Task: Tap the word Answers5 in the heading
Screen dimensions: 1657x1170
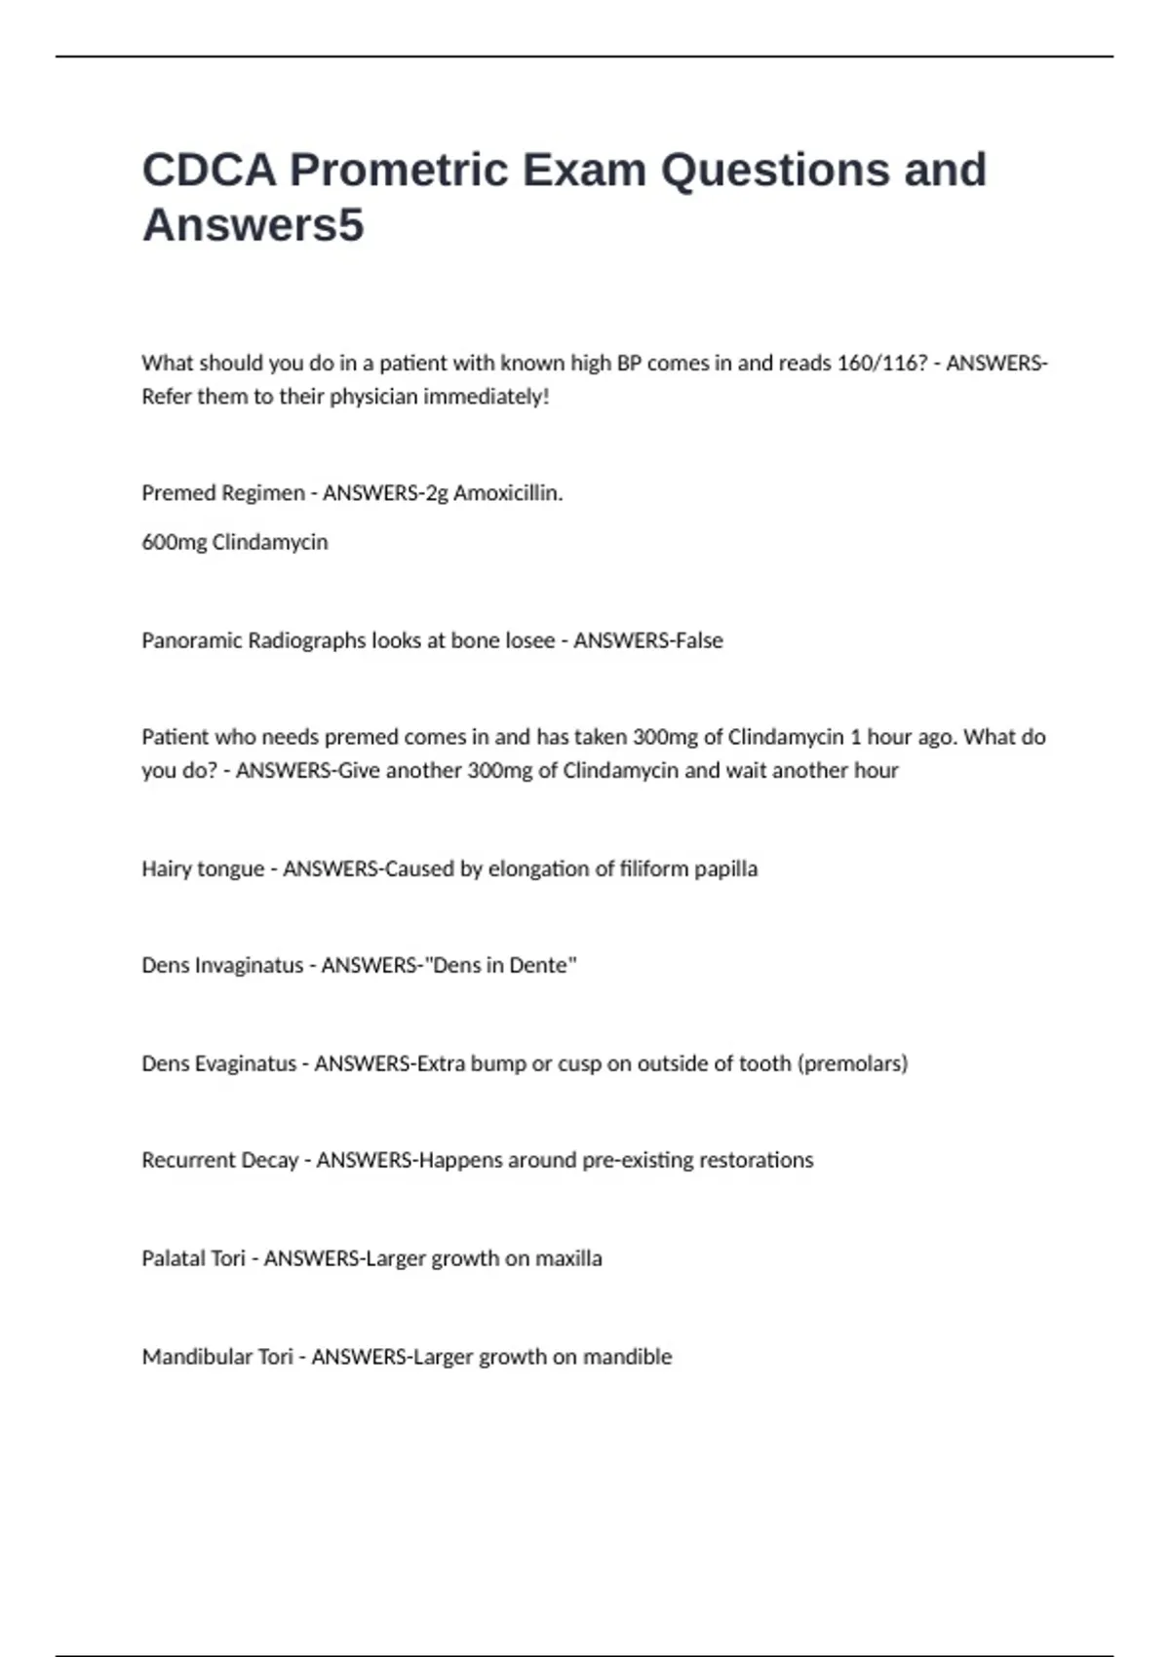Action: coord(253,225)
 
